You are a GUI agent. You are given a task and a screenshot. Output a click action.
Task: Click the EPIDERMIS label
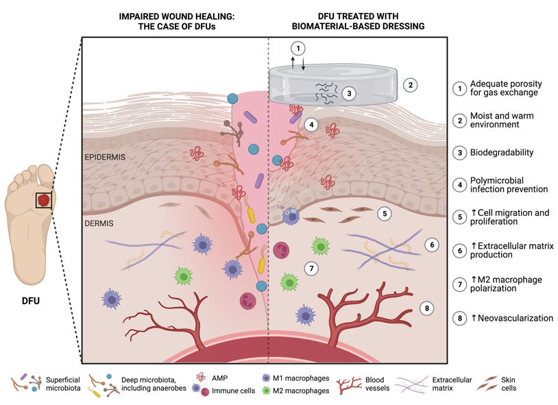104,157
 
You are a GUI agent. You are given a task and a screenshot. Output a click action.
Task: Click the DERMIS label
99,223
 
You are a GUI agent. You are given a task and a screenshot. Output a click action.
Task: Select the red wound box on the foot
44,200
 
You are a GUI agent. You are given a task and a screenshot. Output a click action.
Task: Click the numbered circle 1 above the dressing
298,48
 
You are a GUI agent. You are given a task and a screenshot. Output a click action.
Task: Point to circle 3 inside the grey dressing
348,93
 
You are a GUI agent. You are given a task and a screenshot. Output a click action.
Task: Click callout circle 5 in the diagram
385,214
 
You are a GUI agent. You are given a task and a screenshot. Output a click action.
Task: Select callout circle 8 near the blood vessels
426,308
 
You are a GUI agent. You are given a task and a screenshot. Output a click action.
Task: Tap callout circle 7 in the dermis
311,269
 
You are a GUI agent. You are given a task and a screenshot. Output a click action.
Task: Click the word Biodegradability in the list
501,153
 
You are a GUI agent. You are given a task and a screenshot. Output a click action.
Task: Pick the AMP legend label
220,378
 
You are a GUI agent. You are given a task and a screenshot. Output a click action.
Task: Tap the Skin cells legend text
508,384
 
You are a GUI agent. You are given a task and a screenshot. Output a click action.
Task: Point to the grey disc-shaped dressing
336,86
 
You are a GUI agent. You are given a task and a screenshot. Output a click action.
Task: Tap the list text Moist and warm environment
502,120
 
